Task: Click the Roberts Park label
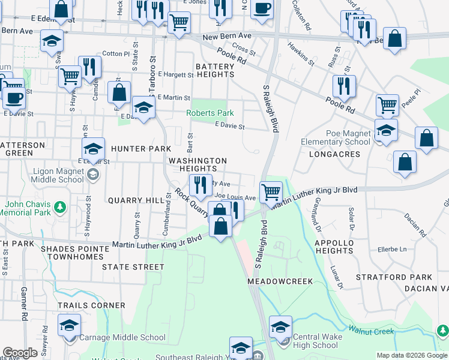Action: pyautogui.click(x=209, y=113)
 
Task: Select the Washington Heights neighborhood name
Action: pyautogui.click(x=197, y=165)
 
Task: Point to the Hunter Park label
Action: pyautogui.click(x=141, y=149)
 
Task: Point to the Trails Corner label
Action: pyautogui.click(x=92, y=305)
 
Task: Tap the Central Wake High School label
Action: pyautogui.click(x=316, y=341)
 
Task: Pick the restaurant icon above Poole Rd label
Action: pyautogui.click(x=344, y=86)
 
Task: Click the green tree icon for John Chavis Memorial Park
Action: pyautogui.click(x=59, y=208)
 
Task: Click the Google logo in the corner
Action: pyautogui.click(x=20, y=353)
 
